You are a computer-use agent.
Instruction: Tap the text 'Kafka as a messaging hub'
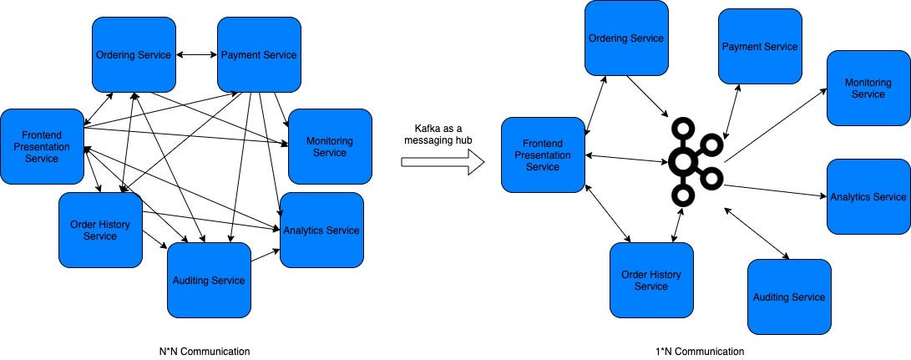click(x=443, y=134)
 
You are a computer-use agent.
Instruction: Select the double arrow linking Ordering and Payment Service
click(x=196, y=55)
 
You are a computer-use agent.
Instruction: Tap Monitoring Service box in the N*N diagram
click(x=330, y=146)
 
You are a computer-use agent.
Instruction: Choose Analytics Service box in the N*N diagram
click(x=321, y=230)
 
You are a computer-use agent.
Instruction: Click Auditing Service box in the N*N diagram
click(x=209, y=280)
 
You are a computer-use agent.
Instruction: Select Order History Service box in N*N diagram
click(x=100, y=230)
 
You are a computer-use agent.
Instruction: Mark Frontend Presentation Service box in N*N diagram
click(x=42, y=146)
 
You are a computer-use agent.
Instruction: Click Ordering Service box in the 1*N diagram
click(x=626, y=38)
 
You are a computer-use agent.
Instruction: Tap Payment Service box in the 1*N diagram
click(x=759, y=46)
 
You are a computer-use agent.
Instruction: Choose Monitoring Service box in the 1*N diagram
click(x=868, y=88)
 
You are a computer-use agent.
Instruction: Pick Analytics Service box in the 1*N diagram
click(x=868, y=196)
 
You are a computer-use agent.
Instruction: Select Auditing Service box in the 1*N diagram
click(x=789, y=297)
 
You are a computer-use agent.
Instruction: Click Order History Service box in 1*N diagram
click(x=651, y=280)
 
